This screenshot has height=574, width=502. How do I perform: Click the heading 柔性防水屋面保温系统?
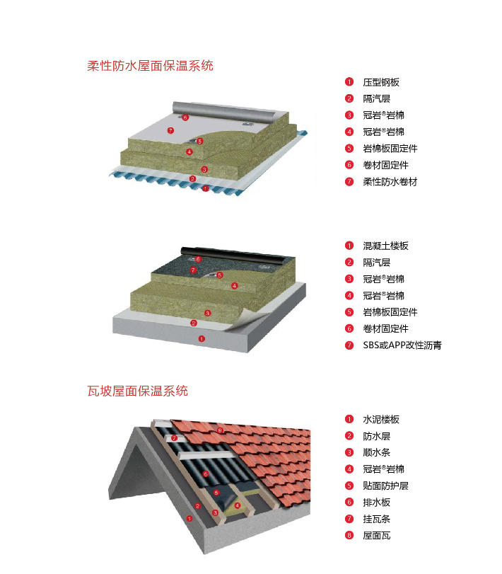click(x=150, y=66)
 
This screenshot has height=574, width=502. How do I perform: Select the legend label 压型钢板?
click(x=382, y=82)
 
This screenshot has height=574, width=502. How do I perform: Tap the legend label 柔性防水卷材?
click(x=390, y=181)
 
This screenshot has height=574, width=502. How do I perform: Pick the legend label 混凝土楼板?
click(x=386, y=246)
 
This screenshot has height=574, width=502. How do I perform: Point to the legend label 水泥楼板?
click(x=382, y=419)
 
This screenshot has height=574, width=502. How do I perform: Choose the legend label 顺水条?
click(x=378, y=452)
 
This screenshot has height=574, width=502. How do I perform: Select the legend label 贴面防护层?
click(x=386, y=486)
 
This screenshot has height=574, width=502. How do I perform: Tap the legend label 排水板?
click(x=378, y=503)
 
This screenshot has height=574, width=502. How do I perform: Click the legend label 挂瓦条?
click(x=378, y=519)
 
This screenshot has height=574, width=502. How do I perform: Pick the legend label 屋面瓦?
click(x=378, y=536)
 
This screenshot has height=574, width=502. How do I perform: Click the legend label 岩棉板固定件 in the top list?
click(x=390, y=148)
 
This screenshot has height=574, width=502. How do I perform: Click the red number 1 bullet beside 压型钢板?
click(x=349, y=82)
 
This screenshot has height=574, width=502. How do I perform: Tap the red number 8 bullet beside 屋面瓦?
click(x=349, y=536)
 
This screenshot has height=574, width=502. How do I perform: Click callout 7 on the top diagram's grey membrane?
click(x=170, y=130)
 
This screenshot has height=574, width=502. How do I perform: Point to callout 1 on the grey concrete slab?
click(x=202, y=338)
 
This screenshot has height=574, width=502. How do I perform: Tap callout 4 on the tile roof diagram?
click(x=238, y=505)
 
